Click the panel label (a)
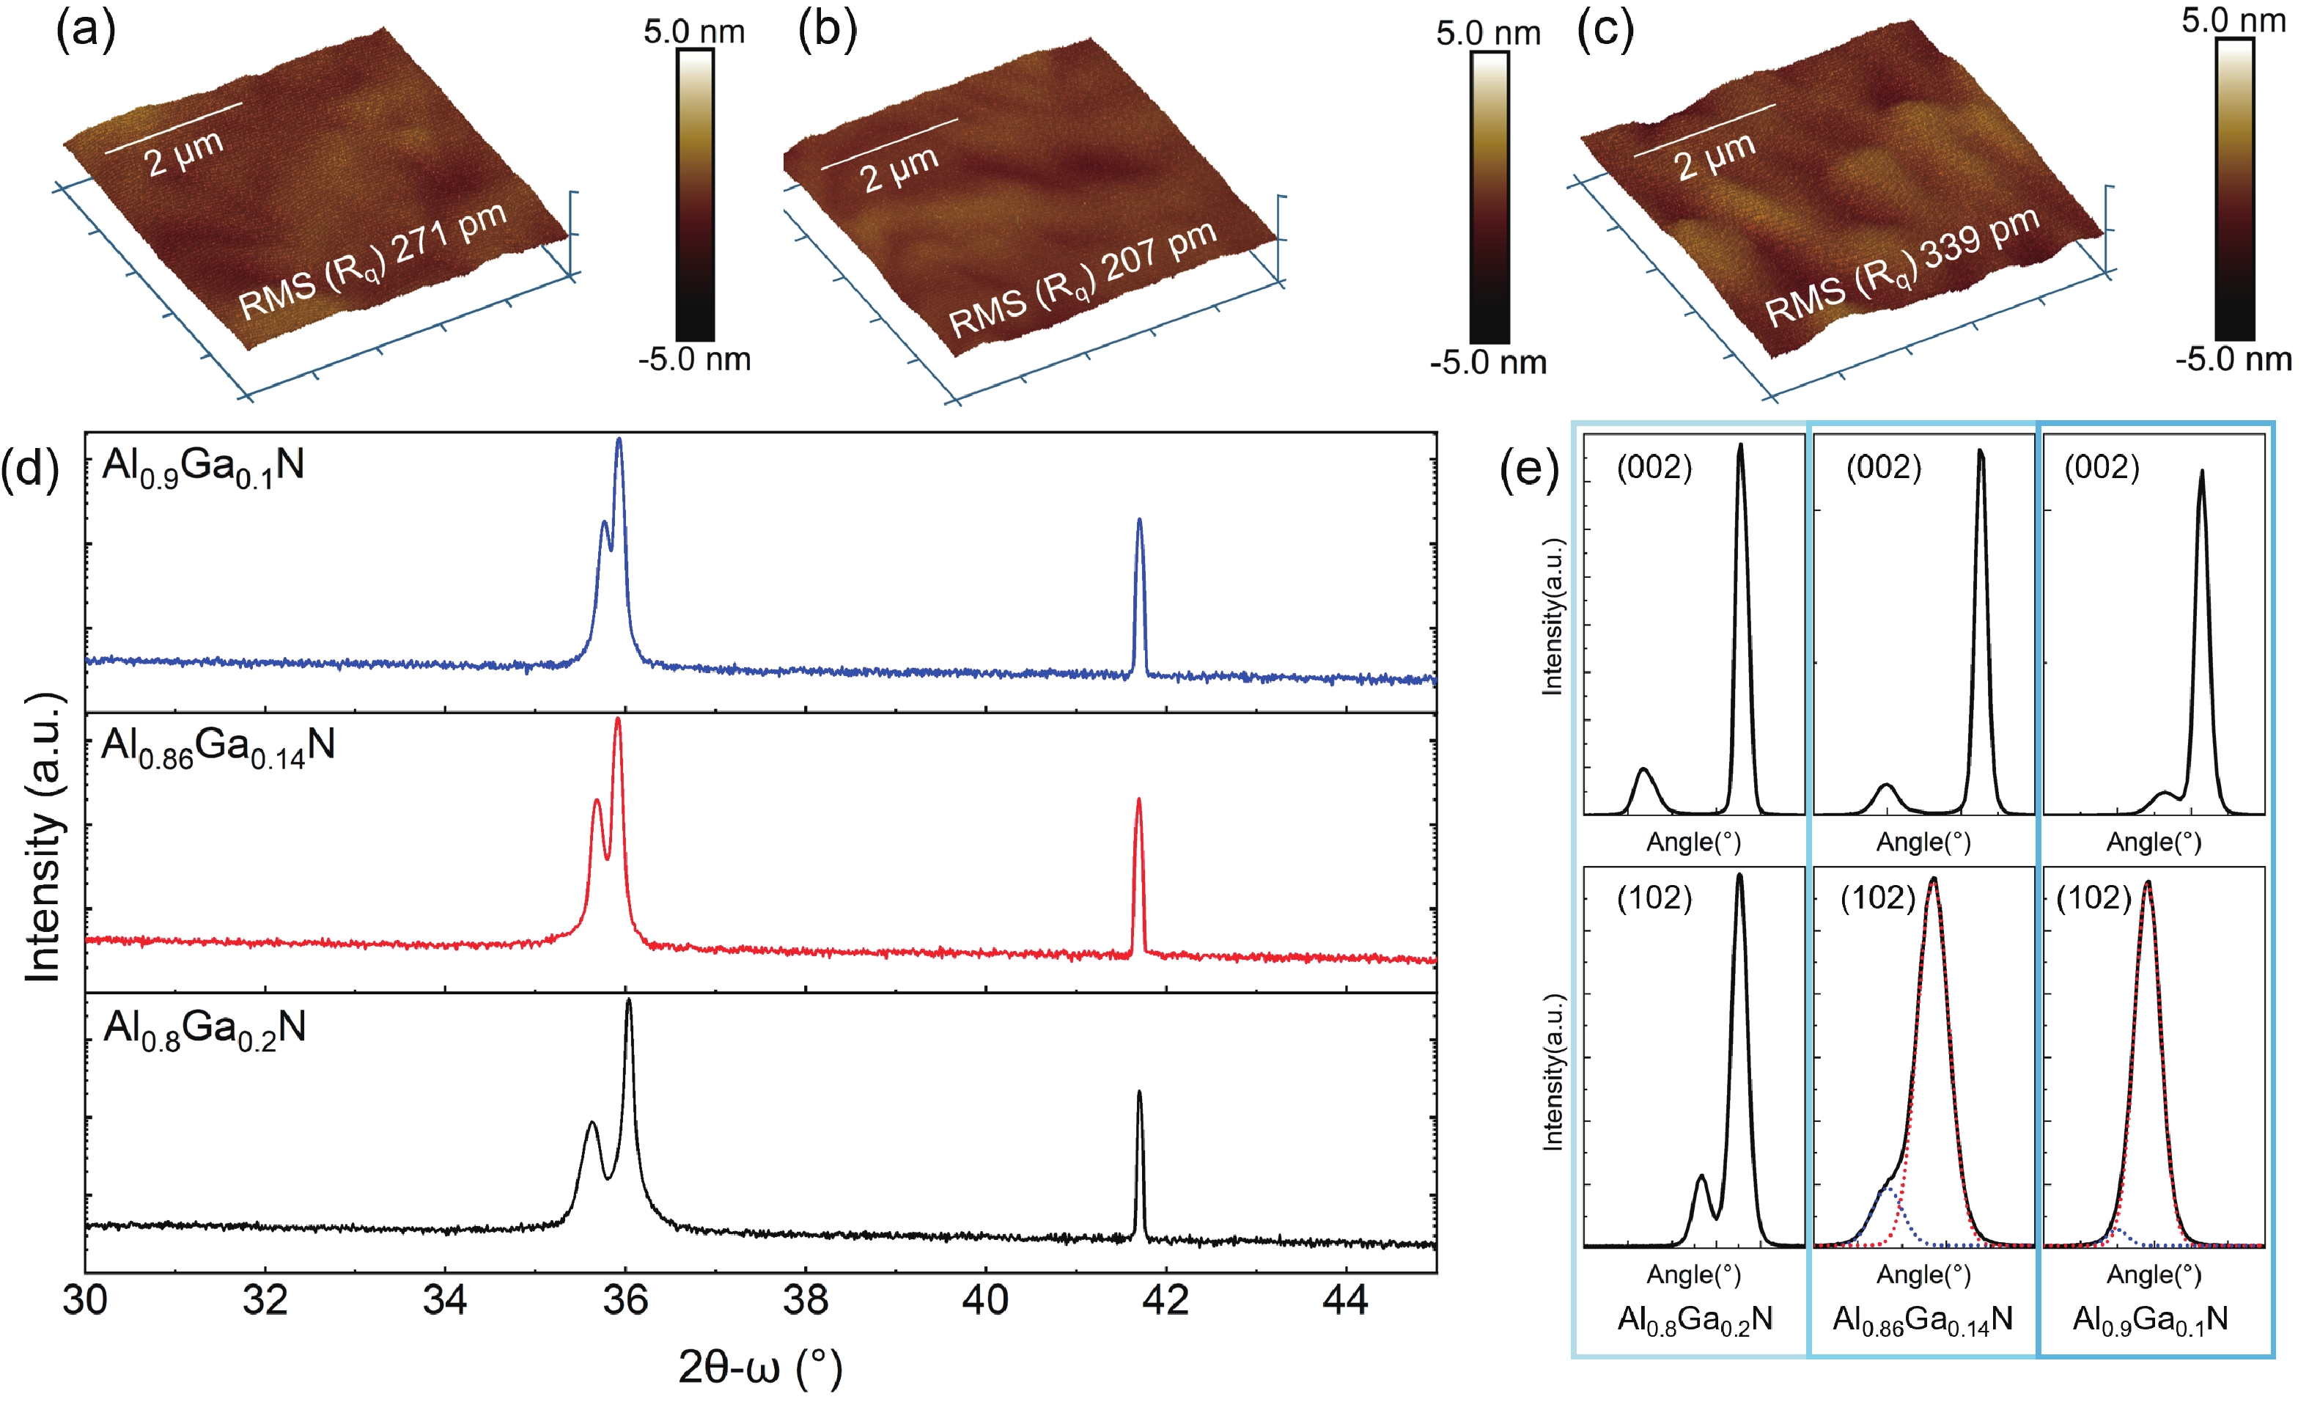click(86, 30)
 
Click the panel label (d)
click(31, 466)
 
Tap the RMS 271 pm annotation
click(372, 262)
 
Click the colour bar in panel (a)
click(694, 195)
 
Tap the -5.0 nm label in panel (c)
click(2233, 359)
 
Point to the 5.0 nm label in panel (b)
click(1488, 34)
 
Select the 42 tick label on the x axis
click(1165, 1300)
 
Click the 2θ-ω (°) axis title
click(760, 1368)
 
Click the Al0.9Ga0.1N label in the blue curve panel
click(203, 466)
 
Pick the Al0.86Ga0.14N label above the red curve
click(218, 747)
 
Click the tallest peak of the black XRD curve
click(629, 1001)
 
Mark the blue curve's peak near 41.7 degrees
click(1140, 520)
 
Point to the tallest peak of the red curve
click(617, 720)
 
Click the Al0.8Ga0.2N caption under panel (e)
click(1694, 1320)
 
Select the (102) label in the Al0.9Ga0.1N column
click(2093, 898)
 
